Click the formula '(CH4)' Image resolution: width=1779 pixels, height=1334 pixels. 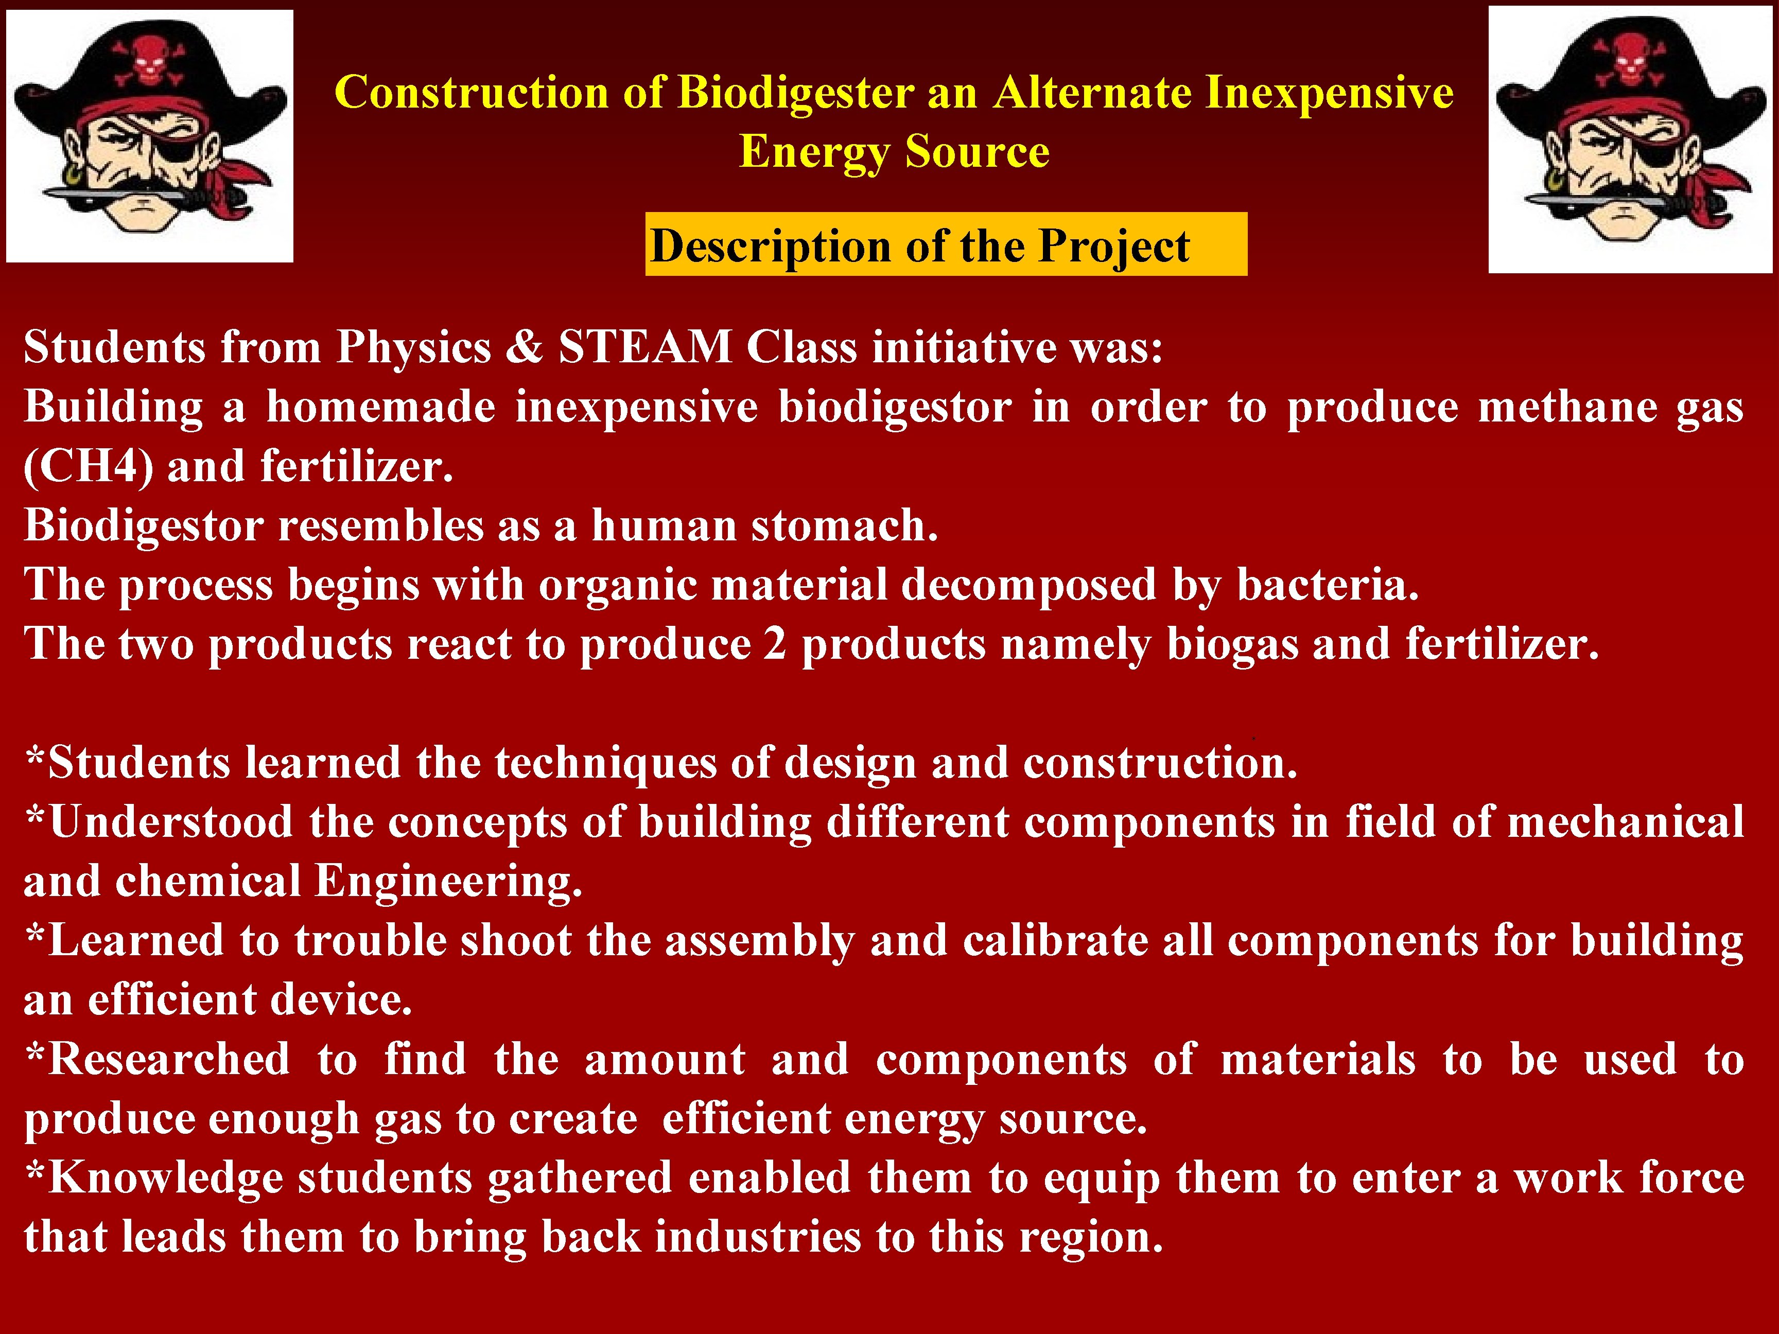click(x=89, y=466)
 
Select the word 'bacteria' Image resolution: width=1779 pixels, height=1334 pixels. click(x=1327, y=585)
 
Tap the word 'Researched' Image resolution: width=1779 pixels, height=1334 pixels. click(x=158, y=1059)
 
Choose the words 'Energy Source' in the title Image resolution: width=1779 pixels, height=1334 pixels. click(x=894, y=151)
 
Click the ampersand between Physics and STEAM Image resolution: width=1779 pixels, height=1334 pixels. click(x=525, y=347)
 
